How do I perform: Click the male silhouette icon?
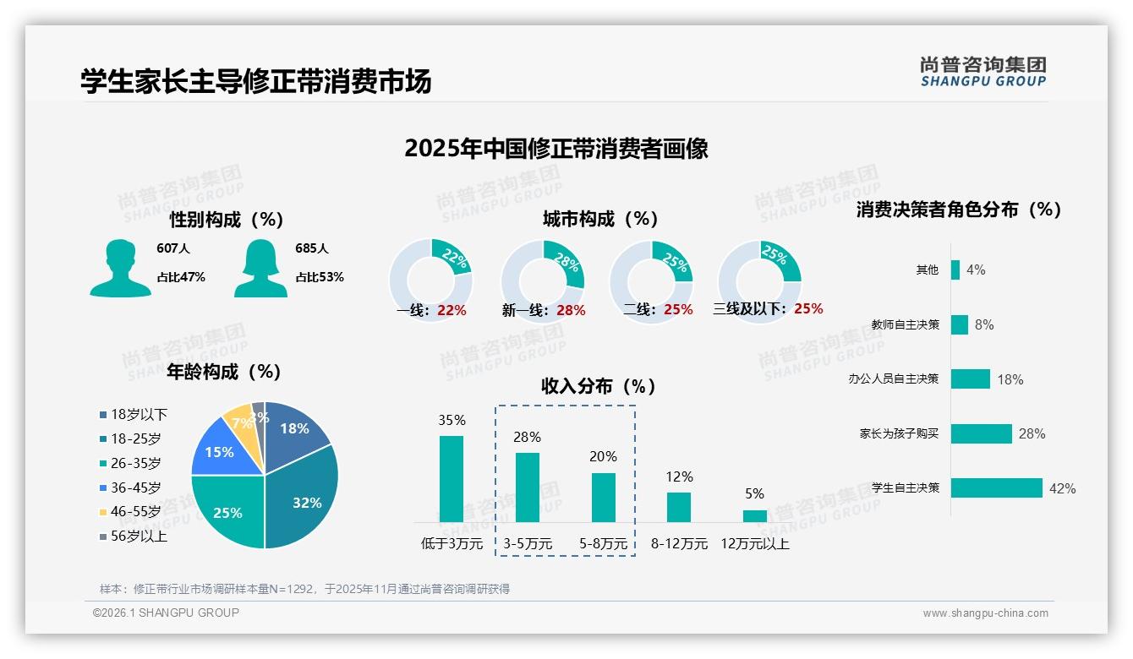pos(121,268)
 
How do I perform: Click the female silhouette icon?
pos(260,268)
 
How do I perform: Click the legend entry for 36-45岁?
pos(134,487)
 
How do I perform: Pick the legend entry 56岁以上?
pos(138,536)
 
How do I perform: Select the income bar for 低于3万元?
pos(452,478)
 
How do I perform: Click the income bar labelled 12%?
pos(679,507)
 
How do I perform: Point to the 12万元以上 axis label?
pos(754,544)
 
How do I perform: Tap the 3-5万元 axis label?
pos(528,544)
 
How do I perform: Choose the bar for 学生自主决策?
pos(997,487)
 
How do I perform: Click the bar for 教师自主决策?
pos(960,324)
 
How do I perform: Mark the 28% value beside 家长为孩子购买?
pos(1032,433)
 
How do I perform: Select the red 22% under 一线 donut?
pos(452,310)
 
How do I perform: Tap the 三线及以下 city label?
pos(749,309)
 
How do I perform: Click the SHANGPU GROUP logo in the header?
pos(983,72)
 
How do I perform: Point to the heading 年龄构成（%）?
pos(224,371)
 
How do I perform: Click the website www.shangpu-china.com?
pos(985,613)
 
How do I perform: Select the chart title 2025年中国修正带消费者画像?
pos(556,149)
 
